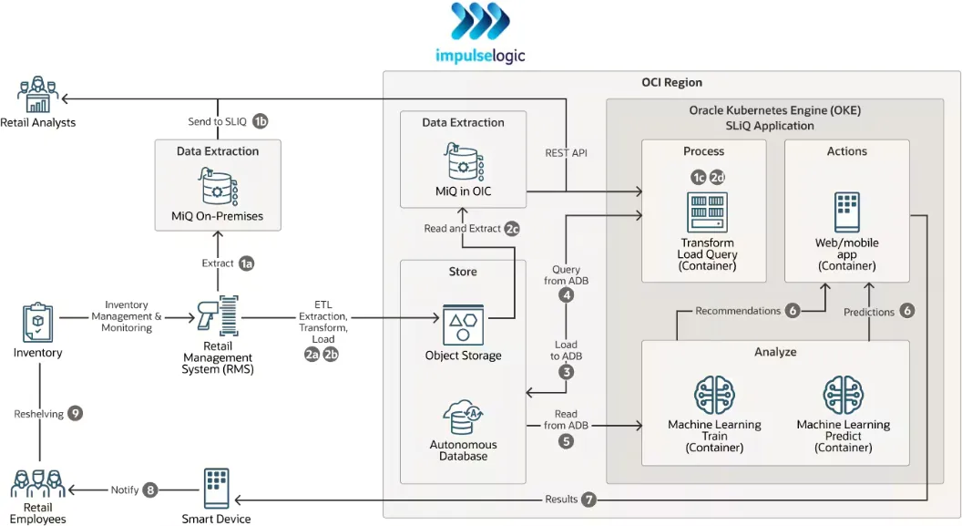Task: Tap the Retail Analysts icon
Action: pyautogui.click(x=37, y=96)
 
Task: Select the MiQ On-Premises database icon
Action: pyautogui.click(x=218, y=187)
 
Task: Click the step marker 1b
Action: pyautogui.click(x=261, y=121)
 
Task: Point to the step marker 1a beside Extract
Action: pyautogui.click(x=246, y=263)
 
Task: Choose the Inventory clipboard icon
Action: pyautogui.click(x=38, y=324)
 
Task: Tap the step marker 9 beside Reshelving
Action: pyautogui.click(x=76, y=413)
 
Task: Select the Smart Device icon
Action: pyautogui.click(x=216, y=490)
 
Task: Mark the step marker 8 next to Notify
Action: pyautogui.click(x=150, y=490)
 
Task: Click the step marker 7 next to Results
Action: pyautogui.click(x=589, y=499)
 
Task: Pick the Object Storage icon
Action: pyautogui.click(x=463, y=325)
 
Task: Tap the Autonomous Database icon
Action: pyautogui.click(x=463, y=418)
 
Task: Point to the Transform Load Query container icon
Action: pyautogui.click(x=707, y=211)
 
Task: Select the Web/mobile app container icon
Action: pyautogui.click(x=846, y=211)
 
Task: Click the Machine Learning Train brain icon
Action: pyautogui.click(x=714, y=396)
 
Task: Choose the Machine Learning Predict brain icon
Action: pyautogui.click(x=843, y=396)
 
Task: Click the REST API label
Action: pyautogui.click(x=566, y=153)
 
